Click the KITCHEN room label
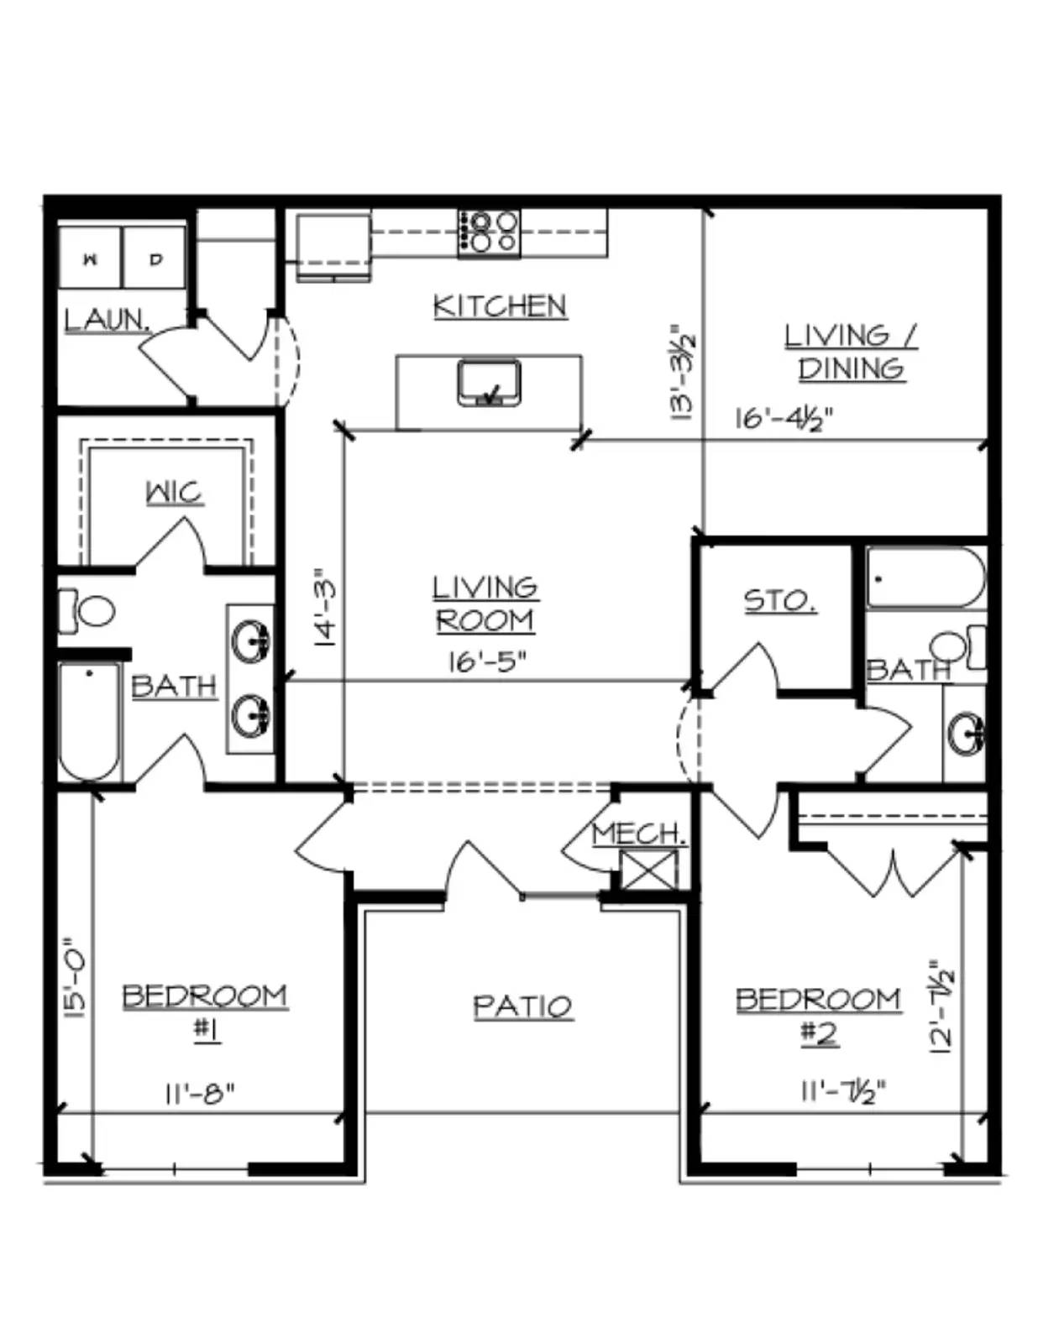pyautogui.click(x=500, y=306)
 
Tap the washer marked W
pyautogui.click(x=91, y=257)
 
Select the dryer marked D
pyautogui.click(x=155, y=257)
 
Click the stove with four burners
pyautogui.click(x=489, y=233)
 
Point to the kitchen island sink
pyautogui.click(x=489, y=384)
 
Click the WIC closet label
pyautogui.click(x=175, y=493)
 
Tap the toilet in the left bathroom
pyautogui.click(x=87, y=610)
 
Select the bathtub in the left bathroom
pyautogui.click(x=90, y=721)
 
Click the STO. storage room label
pyautogui.click(x=779, y=601)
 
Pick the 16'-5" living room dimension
pyautogui.click(x=487, y=662)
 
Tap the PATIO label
pyautogui.click(x=523, y=1006)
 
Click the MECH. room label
pyautogui.click(x=639, y=833)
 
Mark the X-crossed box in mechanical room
pyautogui.click(x=648, y=870)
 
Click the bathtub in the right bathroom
pyautogui.click(x=925, y=577)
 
